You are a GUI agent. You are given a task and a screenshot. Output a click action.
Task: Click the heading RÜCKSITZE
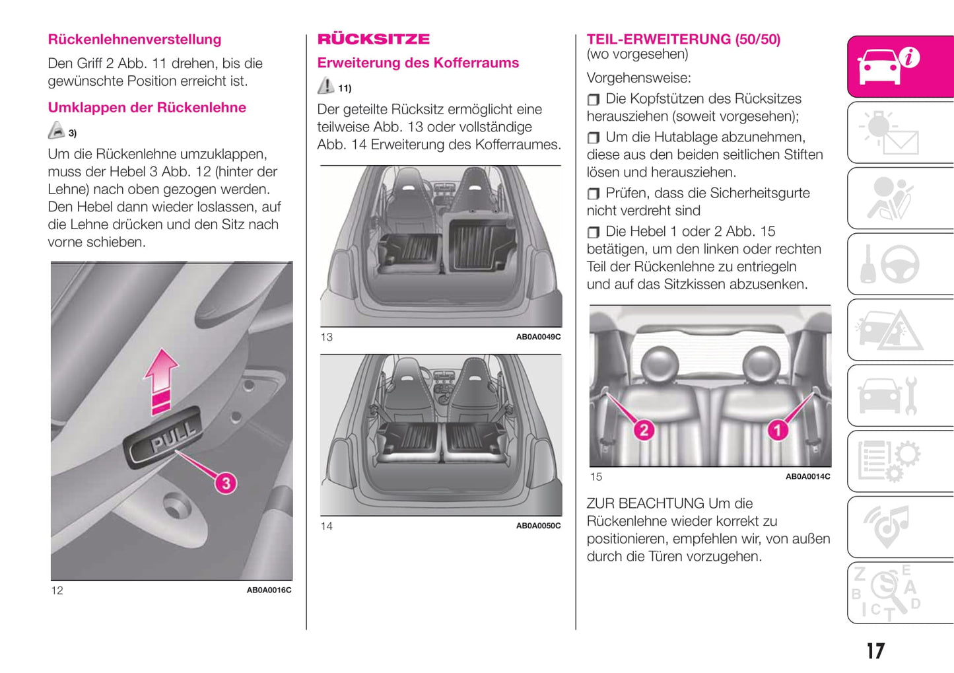point(374,39)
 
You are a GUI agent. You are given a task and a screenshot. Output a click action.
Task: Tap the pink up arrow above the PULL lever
point(161,380)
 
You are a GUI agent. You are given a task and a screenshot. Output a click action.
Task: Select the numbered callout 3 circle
point(226,483)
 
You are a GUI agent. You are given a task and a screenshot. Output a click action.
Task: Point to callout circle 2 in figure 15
point(644,430)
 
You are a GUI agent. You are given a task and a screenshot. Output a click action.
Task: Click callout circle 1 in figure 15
point(777,431)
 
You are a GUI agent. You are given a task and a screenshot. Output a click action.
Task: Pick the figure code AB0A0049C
point(538,337)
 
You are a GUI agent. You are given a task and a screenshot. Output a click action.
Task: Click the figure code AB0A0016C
point(269,590)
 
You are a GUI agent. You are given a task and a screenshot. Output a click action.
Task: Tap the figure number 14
point(327,526)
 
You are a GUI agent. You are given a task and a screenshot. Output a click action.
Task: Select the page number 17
point(875,651)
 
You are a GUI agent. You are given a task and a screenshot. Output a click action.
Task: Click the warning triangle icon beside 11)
point(325,86)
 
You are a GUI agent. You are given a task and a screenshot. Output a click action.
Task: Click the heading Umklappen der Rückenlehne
point(147,108)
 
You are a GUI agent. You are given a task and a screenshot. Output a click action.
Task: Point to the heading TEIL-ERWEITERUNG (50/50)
point(683,39)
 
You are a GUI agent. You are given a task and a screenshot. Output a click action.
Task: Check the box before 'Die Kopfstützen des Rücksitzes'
point(594,99)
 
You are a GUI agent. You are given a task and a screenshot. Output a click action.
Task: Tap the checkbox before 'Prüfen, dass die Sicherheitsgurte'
point(594,194)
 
